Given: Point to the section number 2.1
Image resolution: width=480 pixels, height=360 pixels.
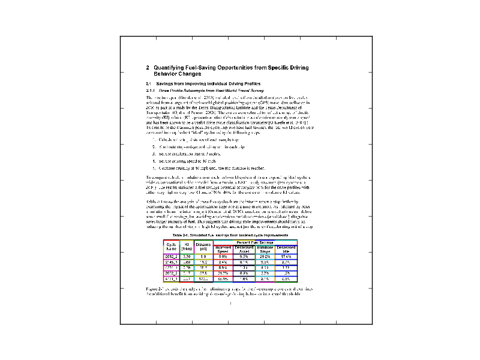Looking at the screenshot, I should (149, 83).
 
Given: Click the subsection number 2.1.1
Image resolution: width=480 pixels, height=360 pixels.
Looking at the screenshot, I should (151, 89).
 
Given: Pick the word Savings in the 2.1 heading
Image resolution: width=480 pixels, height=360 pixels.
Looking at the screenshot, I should (167, 83).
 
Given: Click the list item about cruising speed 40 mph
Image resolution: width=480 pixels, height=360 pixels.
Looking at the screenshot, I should (184, 161).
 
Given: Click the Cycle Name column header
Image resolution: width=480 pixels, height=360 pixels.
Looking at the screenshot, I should (171, 247).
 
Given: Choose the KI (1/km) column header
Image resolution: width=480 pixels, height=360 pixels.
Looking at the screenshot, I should (186, 247).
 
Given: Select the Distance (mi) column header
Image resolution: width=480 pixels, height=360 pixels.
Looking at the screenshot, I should (203, 247).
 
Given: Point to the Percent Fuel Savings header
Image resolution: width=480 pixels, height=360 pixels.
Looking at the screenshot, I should (255, 242).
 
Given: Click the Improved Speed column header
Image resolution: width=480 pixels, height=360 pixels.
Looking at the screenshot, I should (223, 248).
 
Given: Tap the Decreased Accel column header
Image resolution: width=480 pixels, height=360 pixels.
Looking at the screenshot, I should (244, 248).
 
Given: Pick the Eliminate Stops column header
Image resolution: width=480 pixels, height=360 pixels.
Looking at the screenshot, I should (265, 248).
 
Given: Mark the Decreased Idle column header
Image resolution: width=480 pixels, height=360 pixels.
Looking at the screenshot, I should (286, 248).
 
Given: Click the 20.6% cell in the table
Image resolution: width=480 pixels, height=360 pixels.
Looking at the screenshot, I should (265, 256).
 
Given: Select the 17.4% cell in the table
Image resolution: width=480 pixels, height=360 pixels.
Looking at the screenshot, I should (286, 256).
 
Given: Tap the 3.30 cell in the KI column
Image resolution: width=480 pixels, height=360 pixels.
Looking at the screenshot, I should (186, 256).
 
